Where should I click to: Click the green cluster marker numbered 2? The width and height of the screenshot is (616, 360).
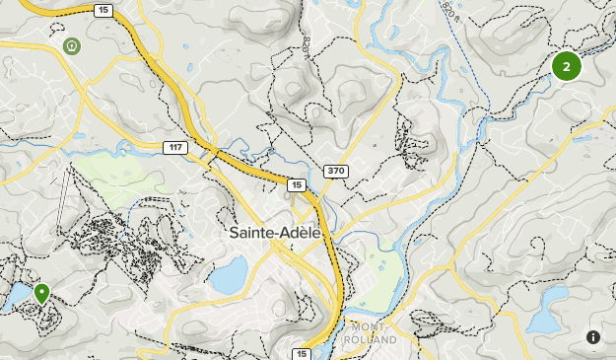pos(566,67)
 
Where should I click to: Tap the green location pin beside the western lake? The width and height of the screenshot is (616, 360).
pos(42,293)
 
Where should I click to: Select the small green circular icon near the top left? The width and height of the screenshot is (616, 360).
pos(71,45)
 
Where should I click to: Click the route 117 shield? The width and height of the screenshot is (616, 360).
pos(174,147)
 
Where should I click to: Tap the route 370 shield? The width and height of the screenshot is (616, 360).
pos(336,172)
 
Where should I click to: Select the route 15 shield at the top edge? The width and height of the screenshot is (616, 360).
pos(103,10)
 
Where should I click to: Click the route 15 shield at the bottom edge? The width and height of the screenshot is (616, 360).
pos(301,353)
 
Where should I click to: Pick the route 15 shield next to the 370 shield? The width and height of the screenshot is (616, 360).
pos(296,184)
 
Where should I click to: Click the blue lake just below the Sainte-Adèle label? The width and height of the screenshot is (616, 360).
pos(229,277)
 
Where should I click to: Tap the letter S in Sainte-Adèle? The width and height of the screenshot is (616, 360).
pos(233,234)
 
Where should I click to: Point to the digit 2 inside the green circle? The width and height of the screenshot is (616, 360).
pos(566,67)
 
